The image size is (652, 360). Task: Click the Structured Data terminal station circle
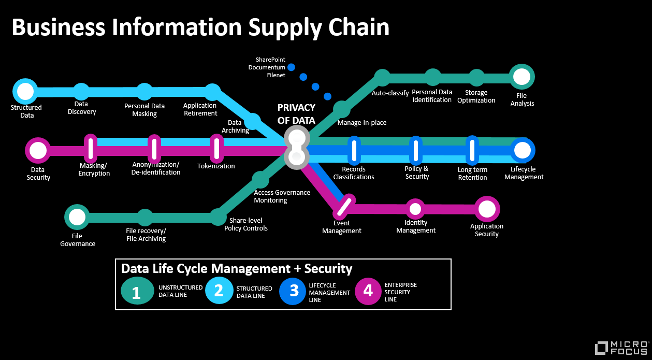[25, 91]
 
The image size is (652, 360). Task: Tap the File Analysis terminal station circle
[521, 77]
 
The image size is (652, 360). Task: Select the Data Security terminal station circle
[38, 150]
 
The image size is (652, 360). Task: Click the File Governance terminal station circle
[77, 217]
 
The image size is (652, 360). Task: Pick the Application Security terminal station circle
[487, 209]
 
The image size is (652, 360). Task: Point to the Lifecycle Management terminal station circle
[523, 150]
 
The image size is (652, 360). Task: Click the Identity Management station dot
[415, 209]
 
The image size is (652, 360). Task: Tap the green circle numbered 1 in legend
[137, 291]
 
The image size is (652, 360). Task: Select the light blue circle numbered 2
[219, 291]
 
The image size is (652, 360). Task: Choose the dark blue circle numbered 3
[293, 291]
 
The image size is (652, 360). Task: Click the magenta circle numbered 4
[368, 291]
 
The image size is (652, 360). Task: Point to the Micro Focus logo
[621, 348]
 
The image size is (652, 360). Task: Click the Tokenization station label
[216, 166]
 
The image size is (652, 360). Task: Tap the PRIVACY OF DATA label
[296, 114]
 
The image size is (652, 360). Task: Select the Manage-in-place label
[362, 123]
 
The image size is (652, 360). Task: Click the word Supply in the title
[285, 28]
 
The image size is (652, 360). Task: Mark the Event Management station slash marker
[344, 207]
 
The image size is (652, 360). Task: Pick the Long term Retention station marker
[472, 150]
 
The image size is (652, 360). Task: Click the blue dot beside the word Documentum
[292, 67]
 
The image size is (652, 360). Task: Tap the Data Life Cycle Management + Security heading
[237, 269]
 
